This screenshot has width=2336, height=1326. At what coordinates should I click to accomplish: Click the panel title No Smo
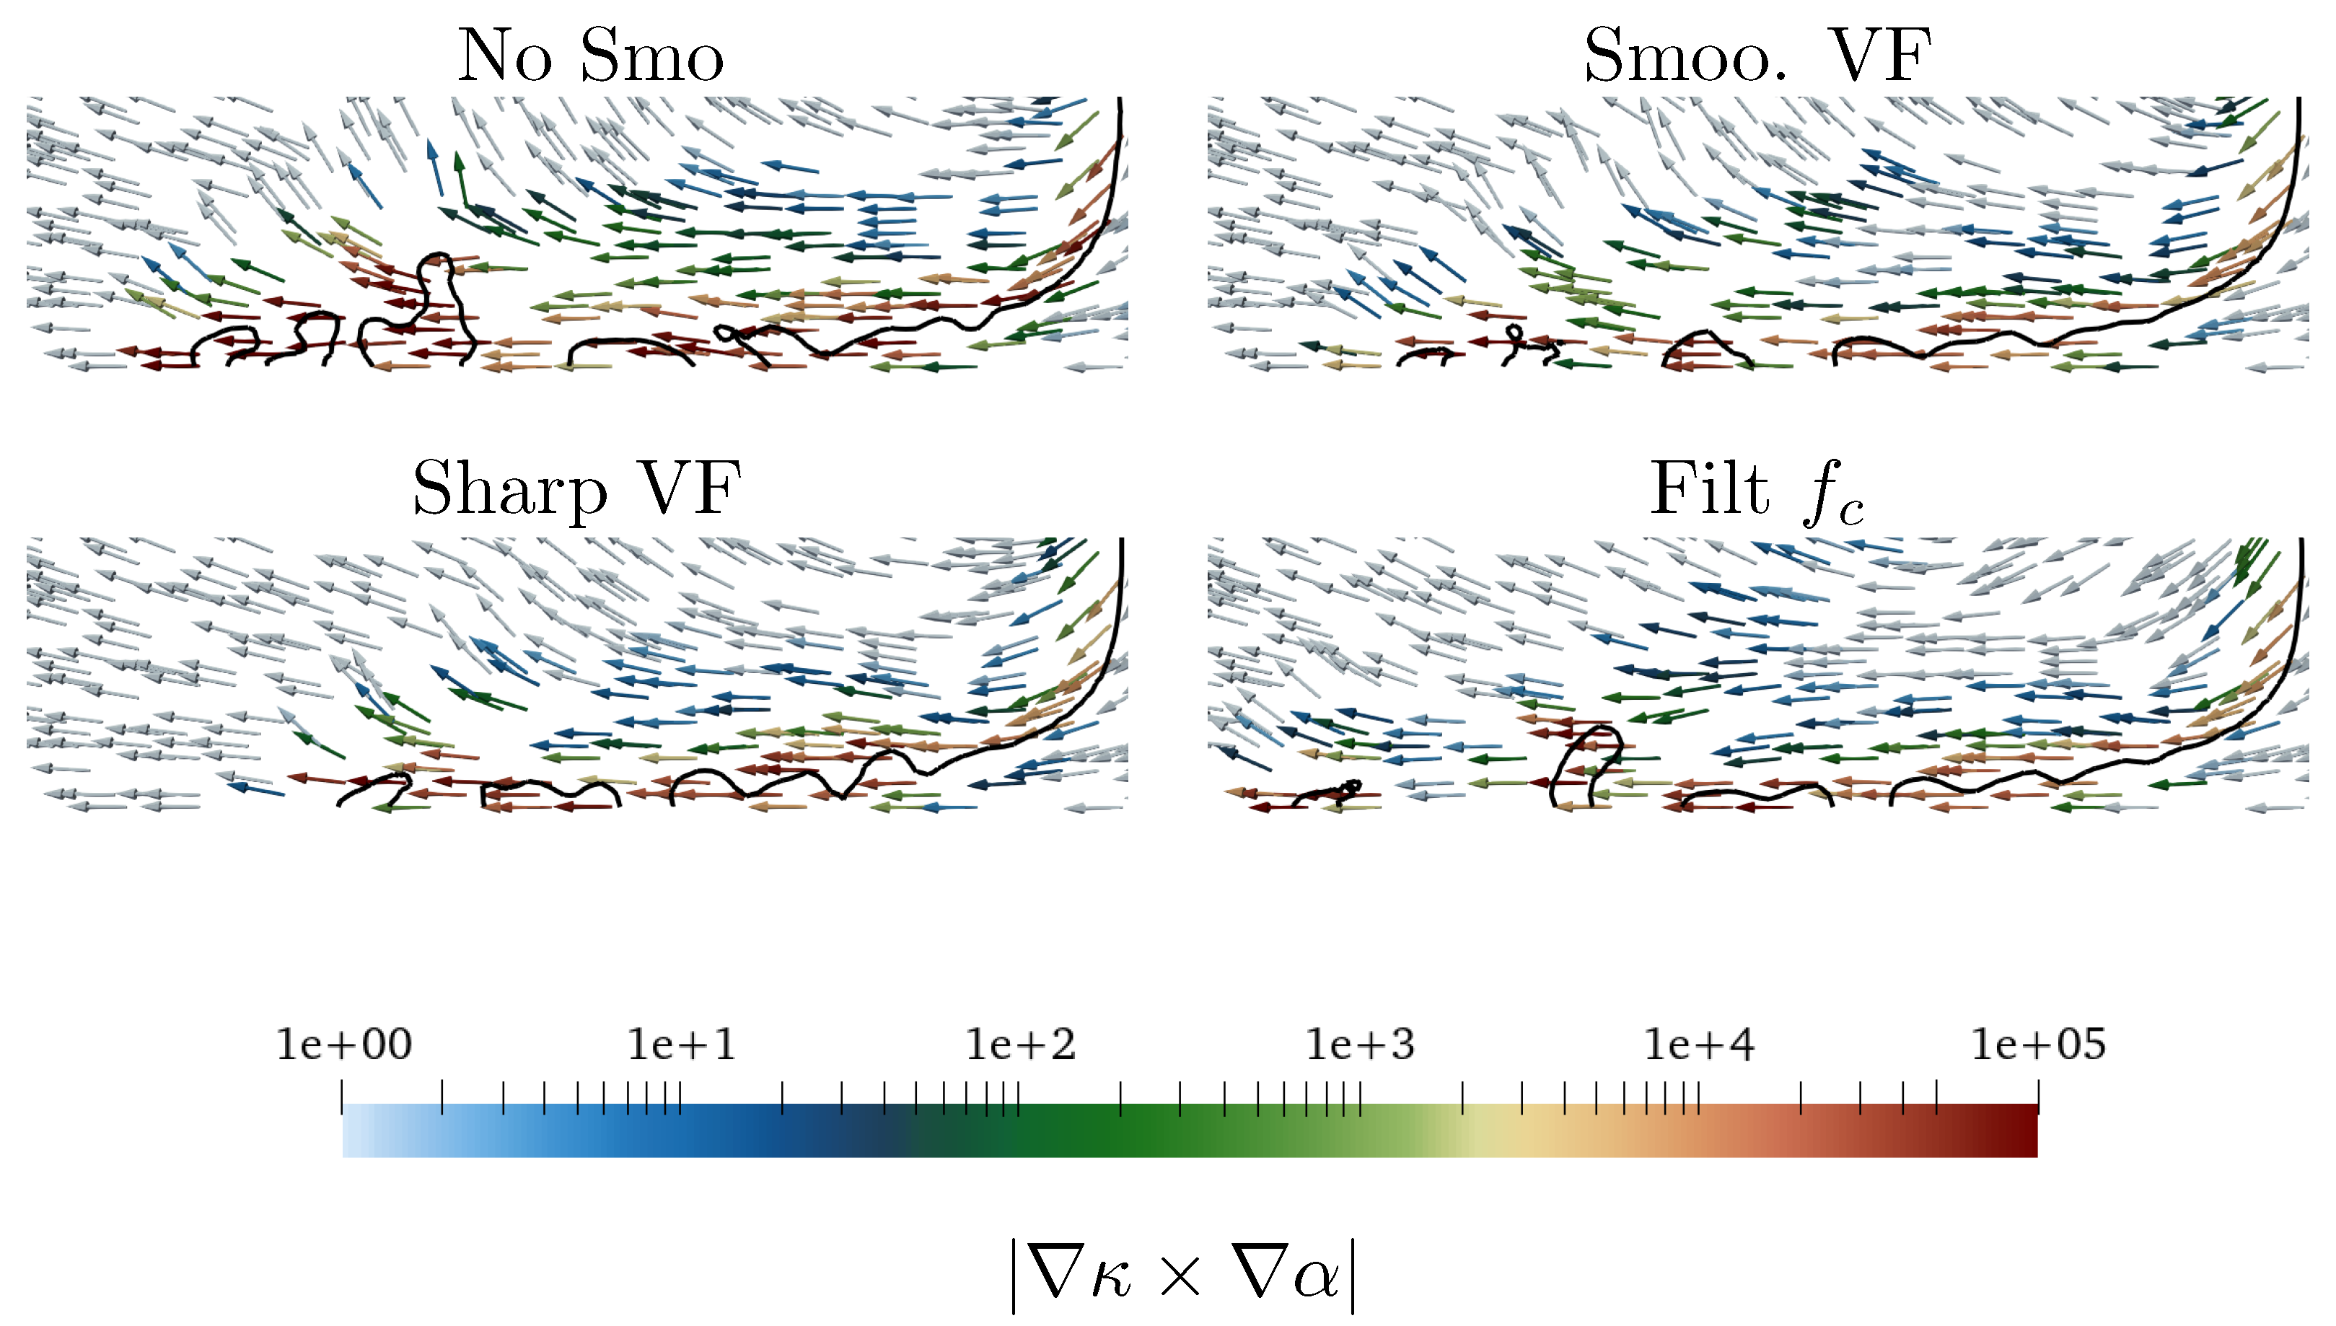(x=590, y=56)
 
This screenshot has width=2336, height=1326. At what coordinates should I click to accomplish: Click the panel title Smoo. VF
(x=1757, y=56)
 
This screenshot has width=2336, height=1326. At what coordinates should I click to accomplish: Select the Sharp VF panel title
(x=576, y=489)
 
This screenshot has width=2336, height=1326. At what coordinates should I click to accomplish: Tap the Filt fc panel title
(x=1756, y=492)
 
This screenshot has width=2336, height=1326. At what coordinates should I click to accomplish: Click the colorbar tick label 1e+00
(x=344, y=1045)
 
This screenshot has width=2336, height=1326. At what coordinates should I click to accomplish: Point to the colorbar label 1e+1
(x=681, y=1045)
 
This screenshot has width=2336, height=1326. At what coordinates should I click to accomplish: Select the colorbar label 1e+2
(x=1020, y=1045)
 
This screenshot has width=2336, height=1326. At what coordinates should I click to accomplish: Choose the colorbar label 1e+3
(x=1360, y=1045)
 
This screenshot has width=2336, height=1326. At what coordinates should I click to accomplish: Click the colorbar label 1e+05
(x=2038, y=1045)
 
